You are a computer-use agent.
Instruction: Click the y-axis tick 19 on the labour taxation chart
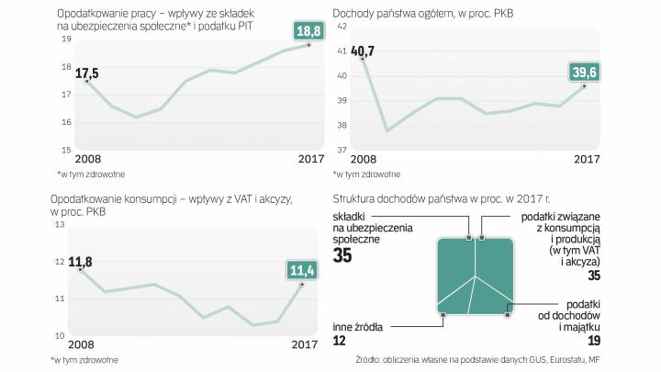pyautogui.click(x=65, y=39)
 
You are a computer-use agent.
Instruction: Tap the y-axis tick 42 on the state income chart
pyautogui.click(x=342, y=26)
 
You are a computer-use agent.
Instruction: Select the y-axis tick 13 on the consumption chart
pyautogui.click(x=61, y=224)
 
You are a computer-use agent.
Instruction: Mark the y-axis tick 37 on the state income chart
pyautogui.click(x=342, y=150)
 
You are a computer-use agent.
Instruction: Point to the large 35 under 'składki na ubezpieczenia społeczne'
pyautogui.click(x=343, y=256)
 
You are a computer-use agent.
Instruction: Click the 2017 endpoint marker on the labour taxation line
pyautogui.click(x=308, y=44)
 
